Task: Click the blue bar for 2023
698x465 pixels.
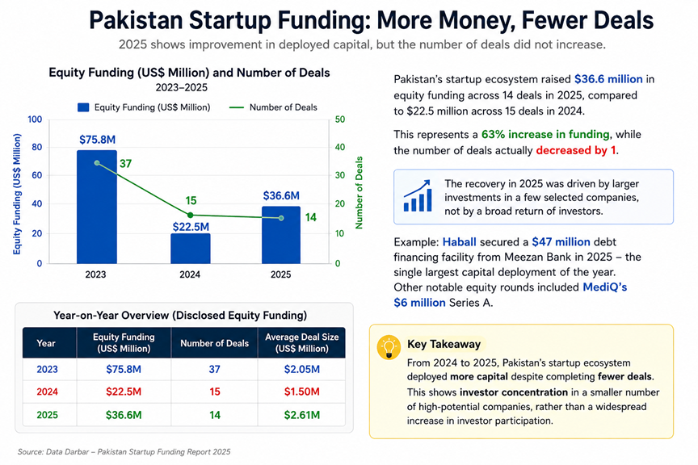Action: pos(97,207)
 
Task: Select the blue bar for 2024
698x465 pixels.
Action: pos(191,249)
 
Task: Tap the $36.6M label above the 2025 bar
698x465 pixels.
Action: pos(281,196)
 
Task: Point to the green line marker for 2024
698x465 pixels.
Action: pos(191,216)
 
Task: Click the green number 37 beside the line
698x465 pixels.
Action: pos(125,164)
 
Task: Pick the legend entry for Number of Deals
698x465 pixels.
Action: pos(273,107)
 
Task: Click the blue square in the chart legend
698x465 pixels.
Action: pos(83,107)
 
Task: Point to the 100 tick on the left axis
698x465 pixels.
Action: pos(35,119)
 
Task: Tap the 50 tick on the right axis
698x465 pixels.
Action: pos(340,119)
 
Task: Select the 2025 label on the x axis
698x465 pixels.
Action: pos(281,274)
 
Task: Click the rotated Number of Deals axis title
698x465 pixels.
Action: pos(359,193)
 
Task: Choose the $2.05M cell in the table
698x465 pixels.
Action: pos(302,369)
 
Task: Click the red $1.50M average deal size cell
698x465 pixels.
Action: pos(302,392)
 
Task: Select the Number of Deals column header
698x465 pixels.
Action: pos(215,344)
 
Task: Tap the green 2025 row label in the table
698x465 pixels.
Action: pos(47,415)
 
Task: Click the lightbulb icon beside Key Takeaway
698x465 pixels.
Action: pos(389,347)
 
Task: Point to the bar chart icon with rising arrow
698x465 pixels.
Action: pos(418,195)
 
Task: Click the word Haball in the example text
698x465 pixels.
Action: pos(460,242)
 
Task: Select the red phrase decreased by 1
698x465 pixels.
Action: pos(576,150)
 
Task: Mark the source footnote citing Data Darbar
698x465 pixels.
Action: pos(124,452)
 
